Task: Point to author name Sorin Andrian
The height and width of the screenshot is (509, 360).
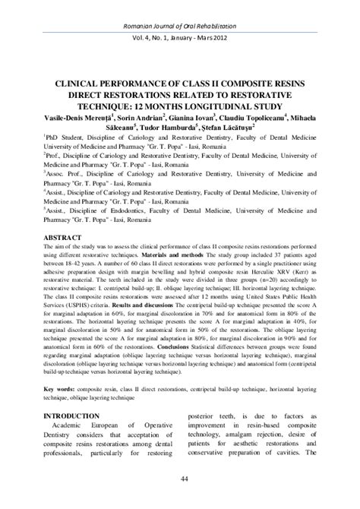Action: [x=122, y=119]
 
